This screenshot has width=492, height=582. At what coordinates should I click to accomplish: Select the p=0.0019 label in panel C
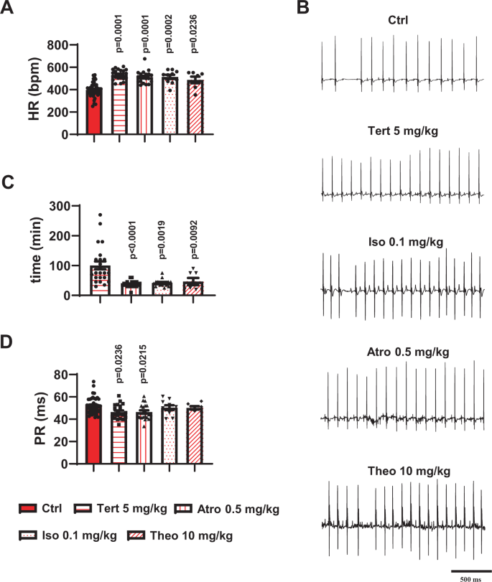(x=168, y=242)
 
